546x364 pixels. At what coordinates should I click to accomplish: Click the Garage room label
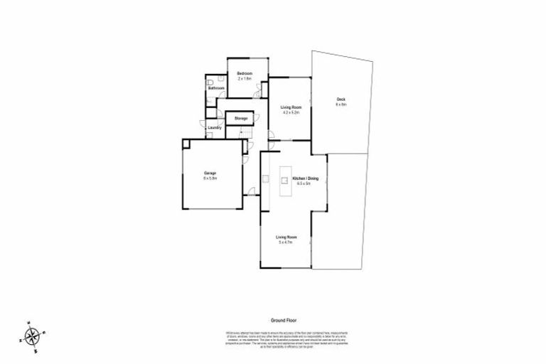pos(210,173)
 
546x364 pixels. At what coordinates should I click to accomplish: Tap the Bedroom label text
pos(245,73)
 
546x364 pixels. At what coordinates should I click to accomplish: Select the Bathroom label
pos(217,88)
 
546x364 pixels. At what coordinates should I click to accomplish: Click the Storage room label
pos(241,117)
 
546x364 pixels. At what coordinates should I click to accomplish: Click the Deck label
pos(341,100)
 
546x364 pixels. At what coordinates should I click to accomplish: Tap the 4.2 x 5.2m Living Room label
pos(291,107)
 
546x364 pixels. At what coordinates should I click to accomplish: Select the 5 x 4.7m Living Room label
pos(287,237)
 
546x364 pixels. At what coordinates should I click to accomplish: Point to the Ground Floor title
pos(282,321)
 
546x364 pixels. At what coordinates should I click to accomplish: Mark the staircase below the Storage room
pos(247,134)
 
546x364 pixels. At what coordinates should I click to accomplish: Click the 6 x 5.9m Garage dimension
pos(210,178)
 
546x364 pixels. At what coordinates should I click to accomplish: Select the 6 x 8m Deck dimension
pos(341,105)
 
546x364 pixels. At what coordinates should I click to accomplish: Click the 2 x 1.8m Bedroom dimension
pos(245,78)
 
